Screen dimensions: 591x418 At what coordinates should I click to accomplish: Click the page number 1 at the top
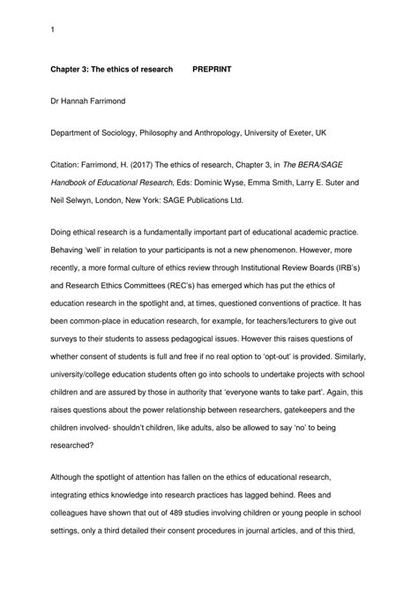(x=53, y=32)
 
